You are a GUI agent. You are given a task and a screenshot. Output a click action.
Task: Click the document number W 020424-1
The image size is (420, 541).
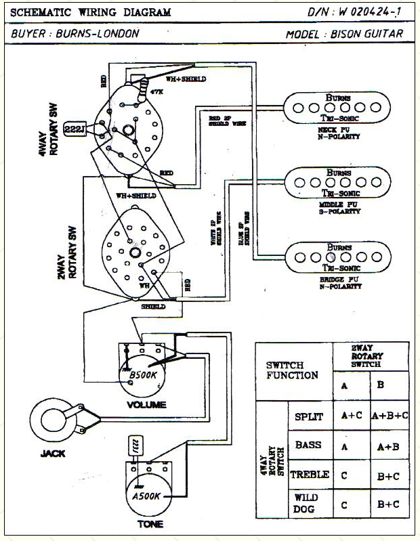373,12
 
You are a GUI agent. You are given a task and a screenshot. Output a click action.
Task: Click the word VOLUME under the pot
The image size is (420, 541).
146,405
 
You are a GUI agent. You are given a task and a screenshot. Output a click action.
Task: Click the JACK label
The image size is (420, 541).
52,453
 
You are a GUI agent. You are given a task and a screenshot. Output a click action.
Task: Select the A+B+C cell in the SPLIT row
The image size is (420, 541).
390,416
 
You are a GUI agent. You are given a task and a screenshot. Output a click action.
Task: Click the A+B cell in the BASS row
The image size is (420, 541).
390,446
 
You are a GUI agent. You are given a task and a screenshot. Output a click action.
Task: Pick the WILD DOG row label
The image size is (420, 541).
306,502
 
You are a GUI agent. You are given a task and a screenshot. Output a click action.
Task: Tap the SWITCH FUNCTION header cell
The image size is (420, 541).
292,370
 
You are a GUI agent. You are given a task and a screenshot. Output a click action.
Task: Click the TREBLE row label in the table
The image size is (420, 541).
309,475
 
